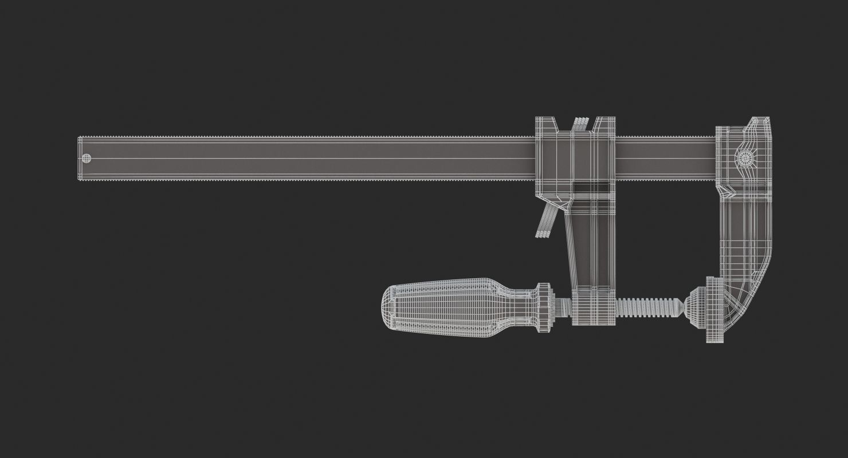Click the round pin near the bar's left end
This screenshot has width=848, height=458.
point(87,158)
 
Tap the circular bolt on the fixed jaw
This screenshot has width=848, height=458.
point(745,159)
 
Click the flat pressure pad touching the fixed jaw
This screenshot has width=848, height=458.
point(713,309)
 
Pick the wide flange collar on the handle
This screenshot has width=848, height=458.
point(543,306)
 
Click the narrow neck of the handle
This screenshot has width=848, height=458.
point(524,307)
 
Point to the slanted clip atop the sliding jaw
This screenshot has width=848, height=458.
point(580,123)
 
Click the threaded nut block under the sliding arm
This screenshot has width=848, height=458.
point(586,306)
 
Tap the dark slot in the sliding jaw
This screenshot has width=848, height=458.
point(592,188)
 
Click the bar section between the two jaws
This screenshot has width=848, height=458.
point(665,158)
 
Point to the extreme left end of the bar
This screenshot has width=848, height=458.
point(80,158)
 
